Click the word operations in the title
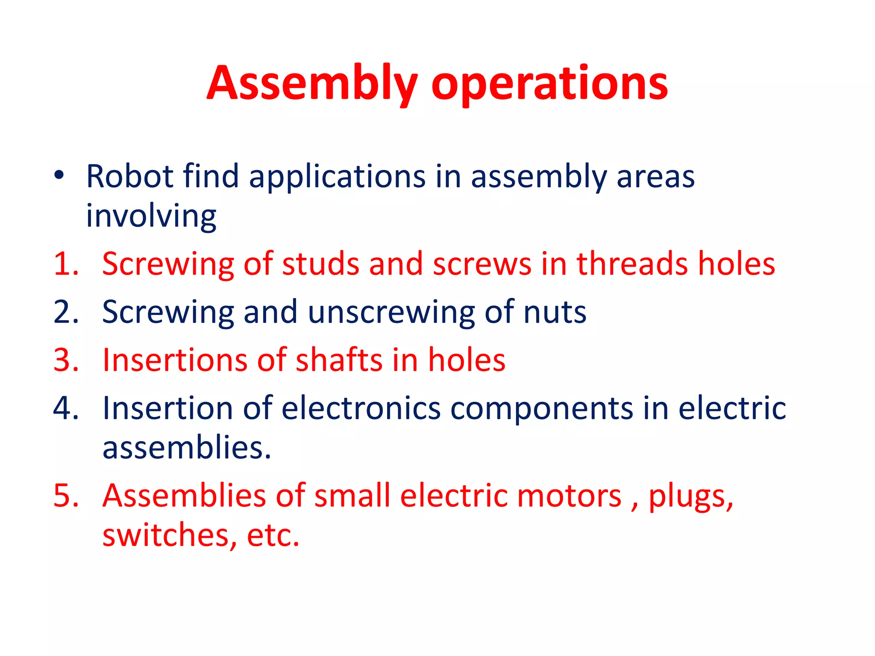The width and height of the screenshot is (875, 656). click(549, 85)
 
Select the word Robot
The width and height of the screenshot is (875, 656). click(129, 176)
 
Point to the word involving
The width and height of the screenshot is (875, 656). click(151, 217)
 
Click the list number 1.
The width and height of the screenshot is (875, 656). click(65, 264)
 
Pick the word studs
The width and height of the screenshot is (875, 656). click(320, 264)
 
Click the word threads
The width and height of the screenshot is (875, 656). click(632, 264)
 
